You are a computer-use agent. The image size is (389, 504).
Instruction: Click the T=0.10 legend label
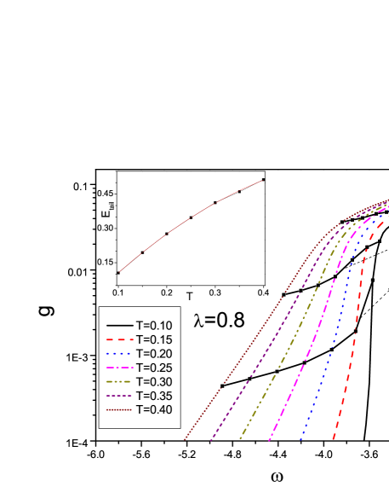[x=155, y=325]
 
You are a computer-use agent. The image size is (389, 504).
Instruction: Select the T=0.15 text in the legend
[x=155, y=339]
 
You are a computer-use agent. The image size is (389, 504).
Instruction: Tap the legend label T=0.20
[x=155, y=354]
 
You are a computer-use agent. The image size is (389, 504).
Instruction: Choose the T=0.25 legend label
[x=155, y=368]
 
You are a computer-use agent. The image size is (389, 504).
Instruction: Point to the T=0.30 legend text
[x=155, y=382]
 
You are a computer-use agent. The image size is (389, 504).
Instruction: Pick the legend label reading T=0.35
[x=155, y=397]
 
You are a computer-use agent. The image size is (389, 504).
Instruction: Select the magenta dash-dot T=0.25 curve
[x=300, y=358]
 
